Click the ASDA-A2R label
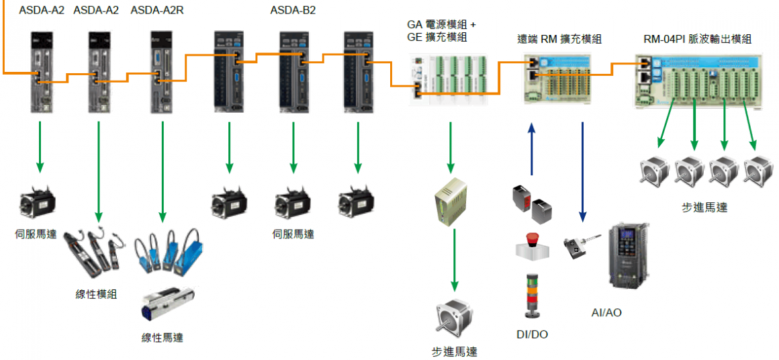pyautogui.click(x=157, y=10)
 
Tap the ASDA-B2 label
pyautogui.click(x=293, y=10)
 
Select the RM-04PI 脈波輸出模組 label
pyautogui.click(x=696, y=39)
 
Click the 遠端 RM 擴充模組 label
pyautogui.click(x=559, y=40)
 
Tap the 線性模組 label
pyautogui.click(x=97, y=294)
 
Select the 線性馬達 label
pyautogui.click(x=162, y=337)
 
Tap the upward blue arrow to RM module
pyautogui.click(x=532, y=148)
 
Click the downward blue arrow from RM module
pyautogui.click(x=582, y=171)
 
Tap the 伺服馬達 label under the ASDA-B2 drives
pyautogui.click(x=293, y=234)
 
